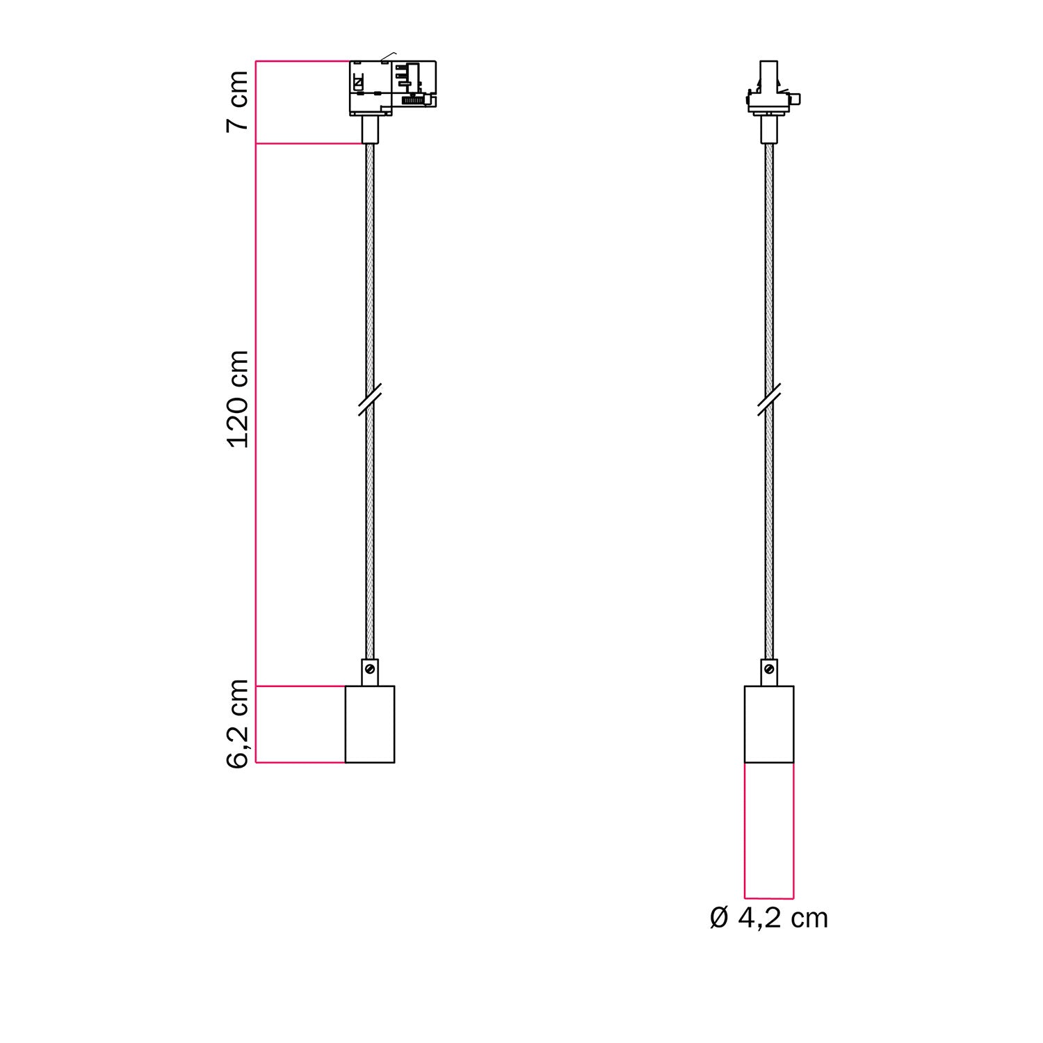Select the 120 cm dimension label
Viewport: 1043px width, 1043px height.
[238, 399]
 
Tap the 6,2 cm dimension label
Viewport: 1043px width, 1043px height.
[238, 724]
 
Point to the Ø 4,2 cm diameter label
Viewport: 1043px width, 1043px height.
[769, 918]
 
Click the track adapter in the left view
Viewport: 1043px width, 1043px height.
[392, 87]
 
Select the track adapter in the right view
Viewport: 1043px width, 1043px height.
[768, 90]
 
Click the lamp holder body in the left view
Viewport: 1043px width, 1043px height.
[370, 724]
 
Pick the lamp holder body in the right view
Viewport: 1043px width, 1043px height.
[769, 724]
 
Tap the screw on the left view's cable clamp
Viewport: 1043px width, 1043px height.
[370, 669]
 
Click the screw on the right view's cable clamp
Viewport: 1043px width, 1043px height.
[769, 669]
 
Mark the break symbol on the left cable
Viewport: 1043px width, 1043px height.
[370, 399]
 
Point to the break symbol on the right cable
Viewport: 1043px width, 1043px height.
[769, 399]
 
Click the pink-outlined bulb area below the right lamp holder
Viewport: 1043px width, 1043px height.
[769, 830]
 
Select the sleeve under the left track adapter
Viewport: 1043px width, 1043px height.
[370, 129]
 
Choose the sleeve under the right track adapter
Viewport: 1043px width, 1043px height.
[769, 129]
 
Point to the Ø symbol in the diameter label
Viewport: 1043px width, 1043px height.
[719, 918]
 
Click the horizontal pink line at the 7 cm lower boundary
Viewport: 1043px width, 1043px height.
[309, 144]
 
